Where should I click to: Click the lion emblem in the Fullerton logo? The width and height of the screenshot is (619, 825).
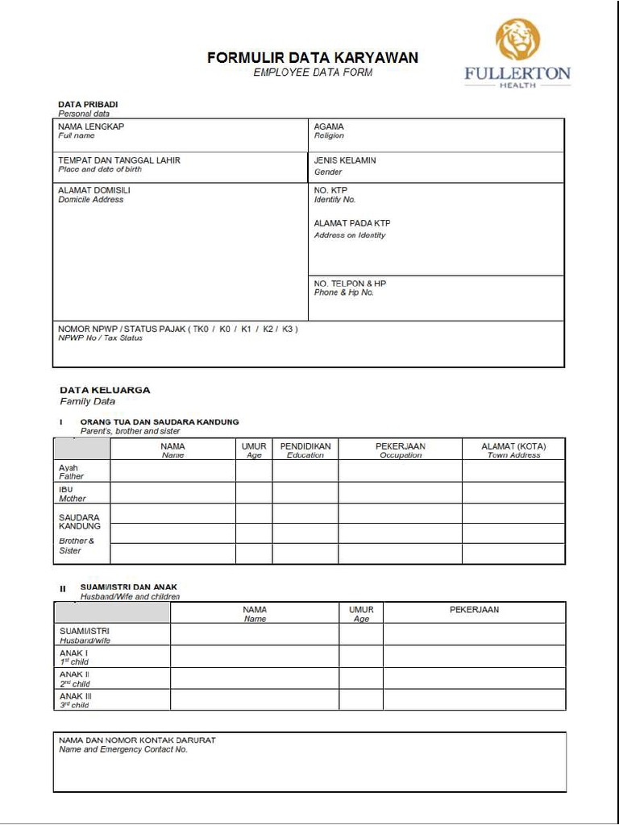click(x=517, y=40)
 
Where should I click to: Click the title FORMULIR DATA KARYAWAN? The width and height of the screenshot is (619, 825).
click(x=313, y=58)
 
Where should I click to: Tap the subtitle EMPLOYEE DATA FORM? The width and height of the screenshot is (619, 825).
click(x=313, y=73)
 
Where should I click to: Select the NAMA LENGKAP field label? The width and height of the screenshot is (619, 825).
click(x=91, y=126)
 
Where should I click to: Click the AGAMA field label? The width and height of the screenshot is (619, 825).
click(x=329, y=126)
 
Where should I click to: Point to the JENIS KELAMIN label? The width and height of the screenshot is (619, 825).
click(x=345, y=160)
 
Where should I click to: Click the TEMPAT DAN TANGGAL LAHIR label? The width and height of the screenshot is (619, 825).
click(x=119, y=160)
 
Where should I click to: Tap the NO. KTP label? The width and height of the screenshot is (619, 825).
click(x=330, y=190)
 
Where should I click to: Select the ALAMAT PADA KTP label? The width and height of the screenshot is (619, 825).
click(x=352, y=223)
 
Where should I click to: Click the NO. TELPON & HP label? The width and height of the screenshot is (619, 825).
click(x=350, y=284)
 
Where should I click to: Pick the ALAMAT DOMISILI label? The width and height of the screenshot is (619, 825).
click(x=94, y=190)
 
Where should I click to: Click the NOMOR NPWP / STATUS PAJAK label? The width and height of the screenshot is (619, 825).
click(x=178, y=329)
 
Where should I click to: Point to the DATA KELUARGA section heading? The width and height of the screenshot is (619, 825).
click(x=105, y=390)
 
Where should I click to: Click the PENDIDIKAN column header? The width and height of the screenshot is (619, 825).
click(x=305, y=446)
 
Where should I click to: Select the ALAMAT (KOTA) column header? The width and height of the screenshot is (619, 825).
click(x=513, y=446)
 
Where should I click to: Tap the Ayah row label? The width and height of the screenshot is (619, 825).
click(x=69, y=468)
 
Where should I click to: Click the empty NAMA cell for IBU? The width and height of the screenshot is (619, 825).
click(x=172, y=493)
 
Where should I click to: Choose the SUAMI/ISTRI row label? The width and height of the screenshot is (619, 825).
click(x=85, y=631)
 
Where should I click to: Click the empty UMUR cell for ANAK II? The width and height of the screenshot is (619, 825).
click(x=360, y=678)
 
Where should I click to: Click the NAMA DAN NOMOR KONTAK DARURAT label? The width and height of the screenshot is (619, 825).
click(x=137, y=740)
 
